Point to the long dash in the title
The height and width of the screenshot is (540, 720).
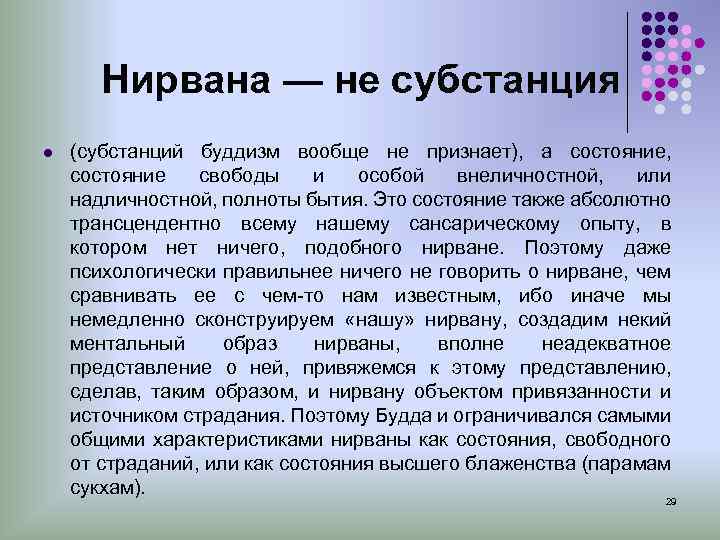click(x=297, y=80)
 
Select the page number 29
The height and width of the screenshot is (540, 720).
click(x=671, y=499)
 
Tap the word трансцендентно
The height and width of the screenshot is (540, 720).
click(x=142, y=223)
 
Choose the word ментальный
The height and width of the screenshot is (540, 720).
click(x=121, y=343)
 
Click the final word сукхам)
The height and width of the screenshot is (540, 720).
click(x=107, y=487)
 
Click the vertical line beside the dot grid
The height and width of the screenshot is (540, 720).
click(x=627, y=70)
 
